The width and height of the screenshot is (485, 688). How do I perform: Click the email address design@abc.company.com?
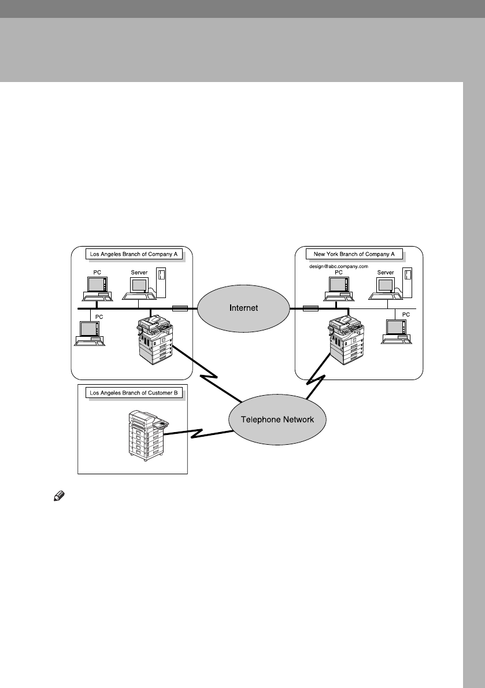click(x=339, y=266)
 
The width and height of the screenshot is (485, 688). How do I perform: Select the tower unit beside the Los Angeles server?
click(x=162, y=280)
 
